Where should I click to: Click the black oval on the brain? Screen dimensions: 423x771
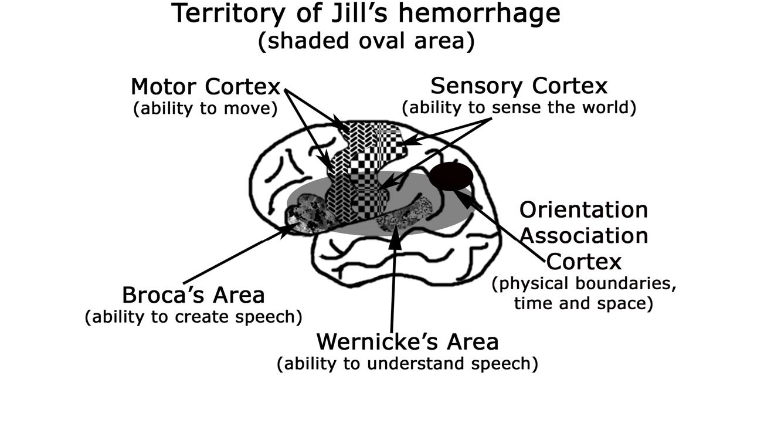click(x=451, y=176)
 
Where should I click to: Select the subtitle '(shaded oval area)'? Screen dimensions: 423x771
click(x=366, y=42)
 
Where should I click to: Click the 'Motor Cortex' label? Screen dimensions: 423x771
click(x=206, y=87)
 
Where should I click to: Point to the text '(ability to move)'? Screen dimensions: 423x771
click(x=205, y=109)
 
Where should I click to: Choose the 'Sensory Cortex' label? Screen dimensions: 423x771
click(x=519, y=86)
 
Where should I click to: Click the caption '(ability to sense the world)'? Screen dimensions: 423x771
click(x=519, y=108)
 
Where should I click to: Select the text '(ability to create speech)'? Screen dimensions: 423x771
click(x=193, y=317)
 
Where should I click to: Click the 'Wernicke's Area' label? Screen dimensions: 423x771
click(x=407, y=341)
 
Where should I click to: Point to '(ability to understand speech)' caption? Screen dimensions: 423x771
click(x=407, y=364)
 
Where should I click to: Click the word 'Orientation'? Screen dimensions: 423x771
click(x=583, y=209)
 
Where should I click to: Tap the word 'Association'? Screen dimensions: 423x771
click(x=585, y=235)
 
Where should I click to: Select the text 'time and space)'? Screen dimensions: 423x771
click(x=583, y=304)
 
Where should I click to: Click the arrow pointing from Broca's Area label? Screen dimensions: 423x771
click(x=240, y=255)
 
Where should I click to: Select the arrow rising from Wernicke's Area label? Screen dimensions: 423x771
click(x=393, y=282)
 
